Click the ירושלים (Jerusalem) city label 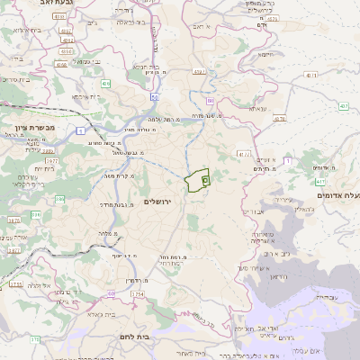tap(163, 202)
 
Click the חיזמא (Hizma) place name tap(266, 55)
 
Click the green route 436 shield tap(105, 84)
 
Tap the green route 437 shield tap(344, 106)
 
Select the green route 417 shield tap(321, 182)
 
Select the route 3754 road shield tap(137, 293)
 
